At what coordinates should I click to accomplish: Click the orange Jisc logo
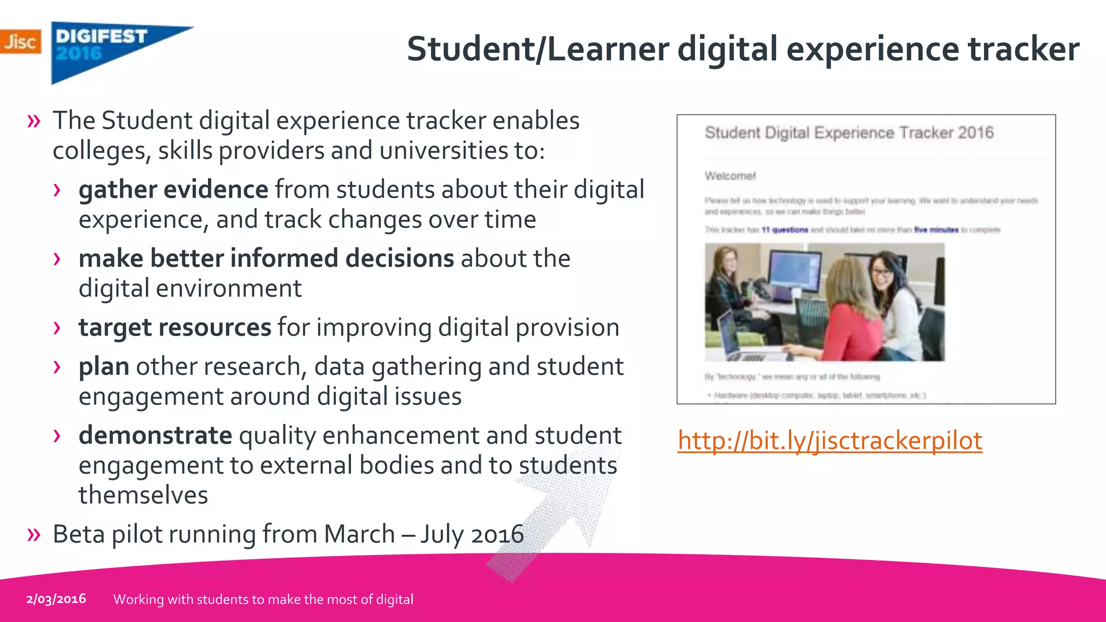[x=20, y=42]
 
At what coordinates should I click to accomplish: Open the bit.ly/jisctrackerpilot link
[x=829, y=441]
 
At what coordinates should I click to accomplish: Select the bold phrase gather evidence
[x=173, y=190]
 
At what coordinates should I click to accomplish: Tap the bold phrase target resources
[x=174, y=328]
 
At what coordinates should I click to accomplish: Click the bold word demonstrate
[x=156, y=435]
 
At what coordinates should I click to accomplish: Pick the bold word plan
[x=104, y=367]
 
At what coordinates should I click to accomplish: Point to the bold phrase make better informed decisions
[x=266, y=259]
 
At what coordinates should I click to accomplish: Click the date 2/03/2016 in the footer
[x=56, y=599]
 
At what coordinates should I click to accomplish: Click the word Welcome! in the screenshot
[x=730, y=176]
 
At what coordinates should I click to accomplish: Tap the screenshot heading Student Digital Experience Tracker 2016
[x=849, y=133]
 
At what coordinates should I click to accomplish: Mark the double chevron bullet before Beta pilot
[x=34, y=535]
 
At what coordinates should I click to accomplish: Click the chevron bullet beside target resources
[x=57, y=328]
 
